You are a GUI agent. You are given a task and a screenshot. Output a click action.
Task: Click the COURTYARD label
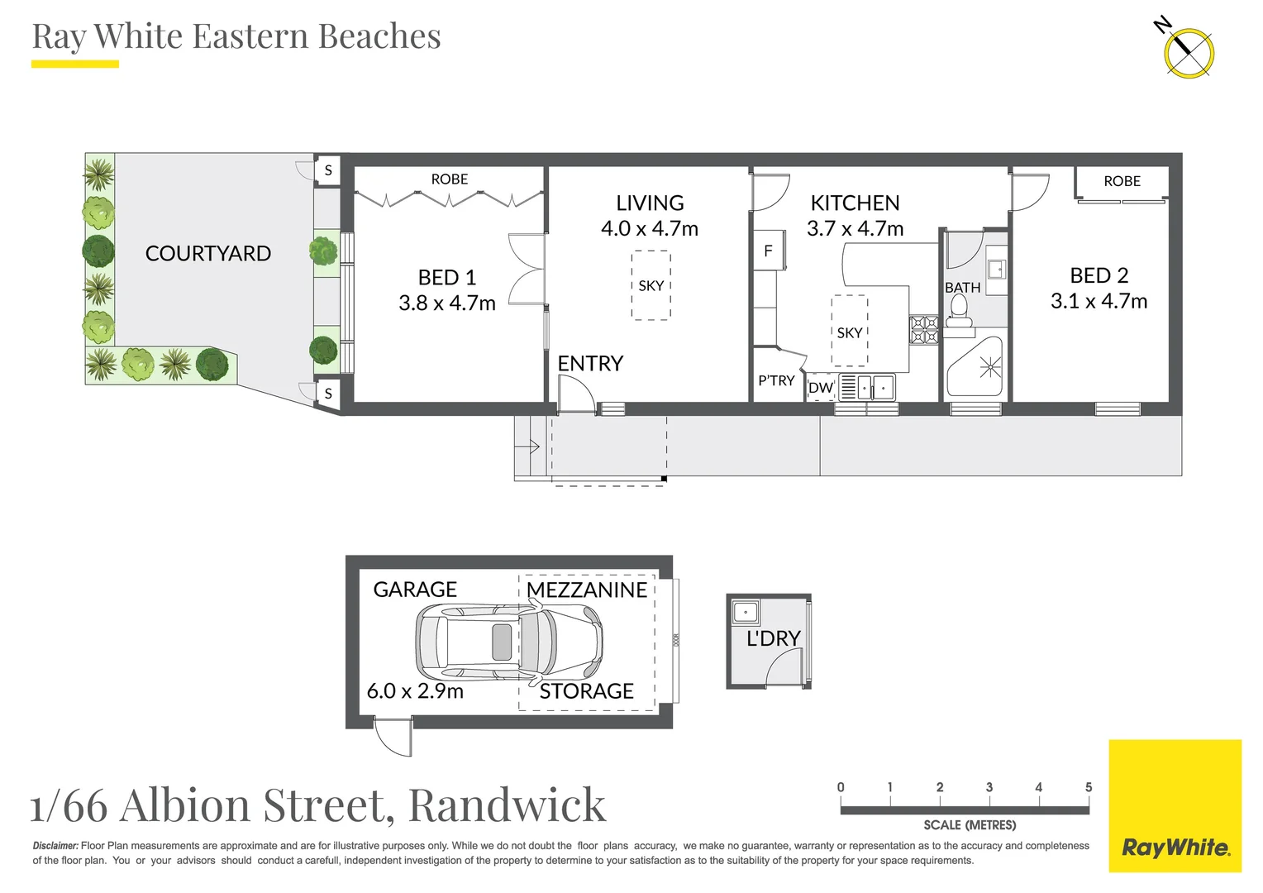click(207, 254)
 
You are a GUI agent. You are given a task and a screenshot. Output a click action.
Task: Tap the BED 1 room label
click(446, 277)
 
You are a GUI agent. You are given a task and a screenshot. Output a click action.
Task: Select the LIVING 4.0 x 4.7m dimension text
click(650, 229)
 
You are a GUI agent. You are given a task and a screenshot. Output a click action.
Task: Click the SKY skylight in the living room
click(651, 285)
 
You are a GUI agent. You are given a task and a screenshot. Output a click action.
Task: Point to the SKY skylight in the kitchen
click(850, 332)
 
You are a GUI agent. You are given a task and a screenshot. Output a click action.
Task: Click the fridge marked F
click(768, 251)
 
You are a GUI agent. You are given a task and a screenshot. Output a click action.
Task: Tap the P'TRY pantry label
click(776, 380)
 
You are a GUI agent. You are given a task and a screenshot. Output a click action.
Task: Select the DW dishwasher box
click(821, 388)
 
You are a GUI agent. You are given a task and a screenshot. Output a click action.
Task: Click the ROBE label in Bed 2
click(1122, 181)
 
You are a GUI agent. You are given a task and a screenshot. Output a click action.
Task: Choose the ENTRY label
click(590, 364)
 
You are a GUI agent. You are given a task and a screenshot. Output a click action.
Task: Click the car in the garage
click(508, 642)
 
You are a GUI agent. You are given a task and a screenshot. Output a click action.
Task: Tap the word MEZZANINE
click(587, 590)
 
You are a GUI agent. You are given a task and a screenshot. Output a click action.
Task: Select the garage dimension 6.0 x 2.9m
click(415, 691)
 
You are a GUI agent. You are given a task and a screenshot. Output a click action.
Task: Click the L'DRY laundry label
click(773, 639)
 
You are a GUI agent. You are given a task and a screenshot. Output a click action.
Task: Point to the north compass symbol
click(1188, 52)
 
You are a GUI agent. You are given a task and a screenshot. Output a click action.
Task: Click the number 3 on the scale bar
click(989, 787)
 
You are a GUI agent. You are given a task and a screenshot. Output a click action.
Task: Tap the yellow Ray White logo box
click(1175, 805)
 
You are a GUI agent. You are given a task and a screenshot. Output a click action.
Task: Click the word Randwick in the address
click(507, 805)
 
